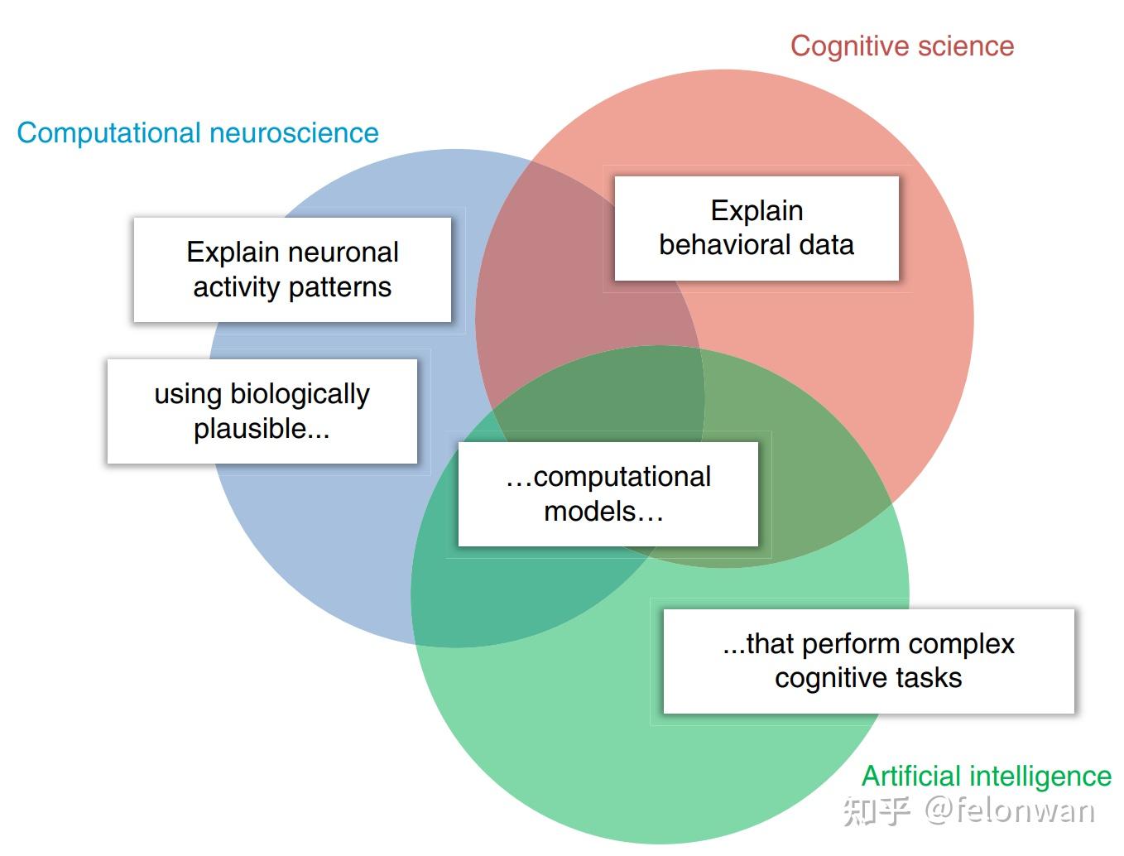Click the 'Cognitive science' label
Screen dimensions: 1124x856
coord(901,46)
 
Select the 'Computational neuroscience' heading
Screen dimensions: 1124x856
coord(198,133)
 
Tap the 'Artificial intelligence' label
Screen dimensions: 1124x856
coord(987,777)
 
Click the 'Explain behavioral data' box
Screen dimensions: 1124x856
coord(757,228)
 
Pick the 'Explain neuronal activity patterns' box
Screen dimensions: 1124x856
coord(292,270)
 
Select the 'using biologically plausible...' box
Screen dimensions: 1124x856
coord(262,411)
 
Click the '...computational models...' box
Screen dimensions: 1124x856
coord(608,494)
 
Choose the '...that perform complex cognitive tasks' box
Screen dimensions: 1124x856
coord(868,661)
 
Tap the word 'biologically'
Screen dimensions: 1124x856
coord(300,395)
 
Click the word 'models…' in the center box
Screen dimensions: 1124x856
coord(603,512)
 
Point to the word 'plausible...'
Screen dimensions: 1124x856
coord(262,429)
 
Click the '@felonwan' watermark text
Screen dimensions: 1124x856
coord(1010,811)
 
